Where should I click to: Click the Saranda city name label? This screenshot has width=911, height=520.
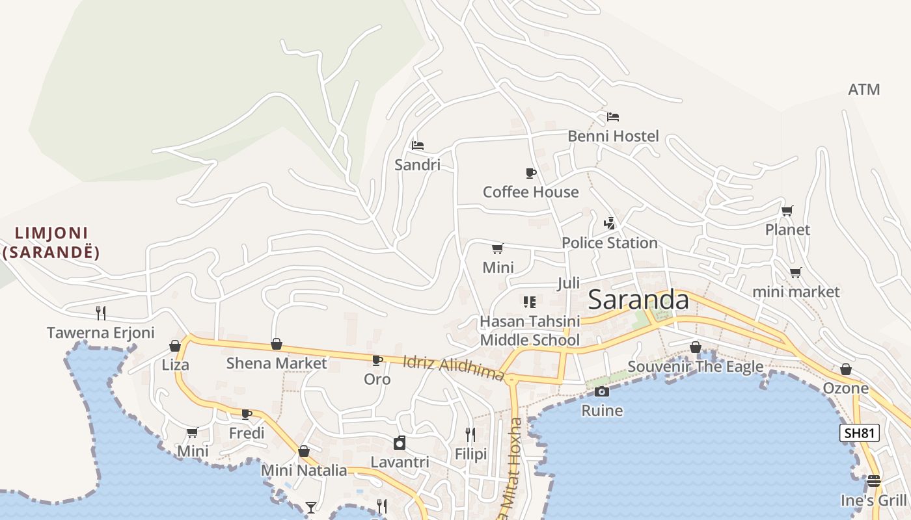click(638, 300)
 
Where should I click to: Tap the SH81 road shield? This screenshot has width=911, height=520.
click(859, 433)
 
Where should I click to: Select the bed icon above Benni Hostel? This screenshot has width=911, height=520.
click(612, 117)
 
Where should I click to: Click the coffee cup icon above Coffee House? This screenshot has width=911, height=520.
click(530, 173)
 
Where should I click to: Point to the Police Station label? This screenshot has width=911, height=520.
click(609, 243)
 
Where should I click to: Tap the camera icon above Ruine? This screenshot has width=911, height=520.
click(602, 391)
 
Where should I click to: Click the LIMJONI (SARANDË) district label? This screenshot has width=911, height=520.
click(51, 242)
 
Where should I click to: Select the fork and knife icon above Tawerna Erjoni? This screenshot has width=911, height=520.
click(101, 313)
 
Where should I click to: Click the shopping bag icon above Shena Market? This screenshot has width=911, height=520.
click(277, 344)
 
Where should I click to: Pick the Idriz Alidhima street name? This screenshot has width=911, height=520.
click(454, 368)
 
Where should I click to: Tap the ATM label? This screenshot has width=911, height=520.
click(863, 90)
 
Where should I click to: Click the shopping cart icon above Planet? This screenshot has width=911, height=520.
click(787, 211)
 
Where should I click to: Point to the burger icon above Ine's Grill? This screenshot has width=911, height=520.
click(873, 481)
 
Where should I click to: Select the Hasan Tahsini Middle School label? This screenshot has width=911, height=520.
click(529, 331)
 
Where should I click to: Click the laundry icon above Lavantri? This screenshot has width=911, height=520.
click(400, 443)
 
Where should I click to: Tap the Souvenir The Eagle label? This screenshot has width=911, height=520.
click(695, 367)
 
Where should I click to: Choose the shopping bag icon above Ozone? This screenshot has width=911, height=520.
click(845, 369)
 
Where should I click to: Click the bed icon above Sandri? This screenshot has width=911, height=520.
click(418, 145)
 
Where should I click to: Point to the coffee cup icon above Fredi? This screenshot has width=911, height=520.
click(247, 414)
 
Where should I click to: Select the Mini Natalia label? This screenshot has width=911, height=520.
click(304, 470)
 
